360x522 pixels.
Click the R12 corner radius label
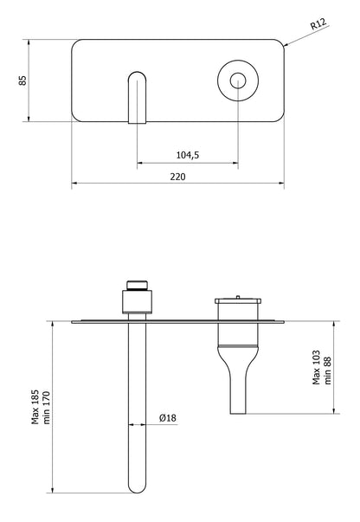(x=320, y=27)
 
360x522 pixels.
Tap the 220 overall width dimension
(x=178, y=176)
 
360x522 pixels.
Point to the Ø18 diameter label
(x=168, y=418)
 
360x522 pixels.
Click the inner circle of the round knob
(x=238, y=81)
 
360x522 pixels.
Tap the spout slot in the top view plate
(x=137, y=95)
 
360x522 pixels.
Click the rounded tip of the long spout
(x=137, y=489)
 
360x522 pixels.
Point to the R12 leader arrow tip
(x=284, y=44)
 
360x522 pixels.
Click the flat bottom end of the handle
(x=238, y=412)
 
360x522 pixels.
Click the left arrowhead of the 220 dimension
(x=74, y=183)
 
